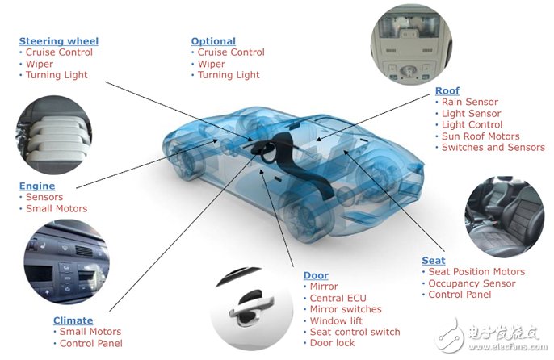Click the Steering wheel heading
click(59, 41)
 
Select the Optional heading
click(213, 41)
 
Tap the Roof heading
click(447, 90)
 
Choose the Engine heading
click(37, 186)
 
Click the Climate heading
click(73, 320)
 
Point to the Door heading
click(316, 275)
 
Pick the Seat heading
click(434, 261)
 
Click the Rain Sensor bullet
click(470, 102)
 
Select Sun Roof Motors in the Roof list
click(481, 136)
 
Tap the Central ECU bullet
click(338, 298)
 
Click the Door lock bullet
click(332, 343)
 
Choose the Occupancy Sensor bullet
click(472, 283)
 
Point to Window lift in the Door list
click(336, 320)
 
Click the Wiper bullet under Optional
click(212, 64)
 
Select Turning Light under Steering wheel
click(57, 75)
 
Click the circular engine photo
click(53, 135)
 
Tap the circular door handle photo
click(251, 309)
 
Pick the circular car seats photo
click(504, 216)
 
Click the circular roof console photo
click(411, 44)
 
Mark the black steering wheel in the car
click(266, 152)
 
